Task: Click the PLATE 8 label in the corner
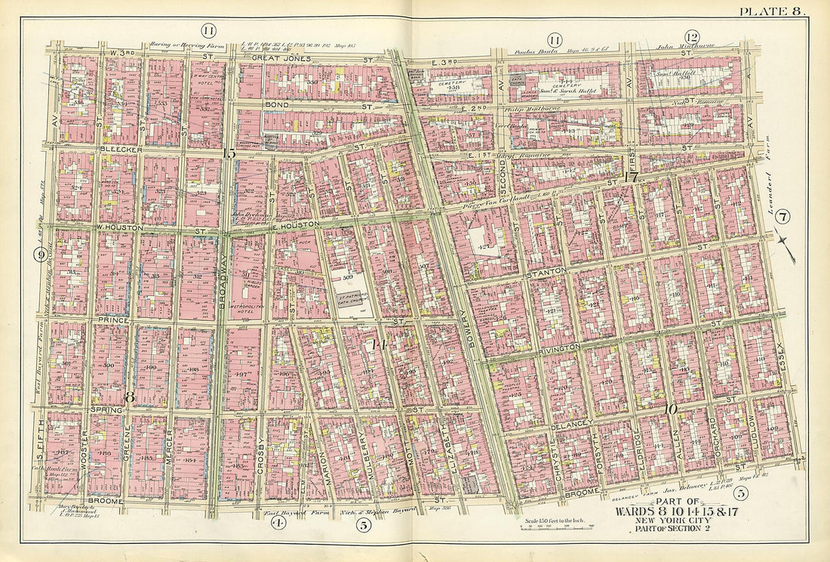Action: tap(771, 11)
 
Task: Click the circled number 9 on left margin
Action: tap(38, 255)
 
